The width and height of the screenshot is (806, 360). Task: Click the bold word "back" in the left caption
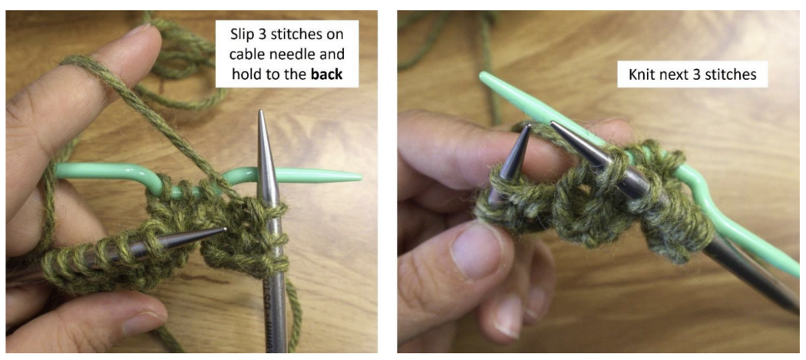tap(325, 74)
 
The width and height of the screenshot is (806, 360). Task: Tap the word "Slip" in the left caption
tap(242, 35)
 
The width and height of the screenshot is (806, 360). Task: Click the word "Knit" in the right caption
tap(641, 74)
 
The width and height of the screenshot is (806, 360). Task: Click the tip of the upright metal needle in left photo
tap(262, 111)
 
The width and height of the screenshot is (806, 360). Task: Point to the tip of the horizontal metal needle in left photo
tap(225, 229)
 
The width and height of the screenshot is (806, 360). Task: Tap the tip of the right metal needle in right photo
tap(553, 124)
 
